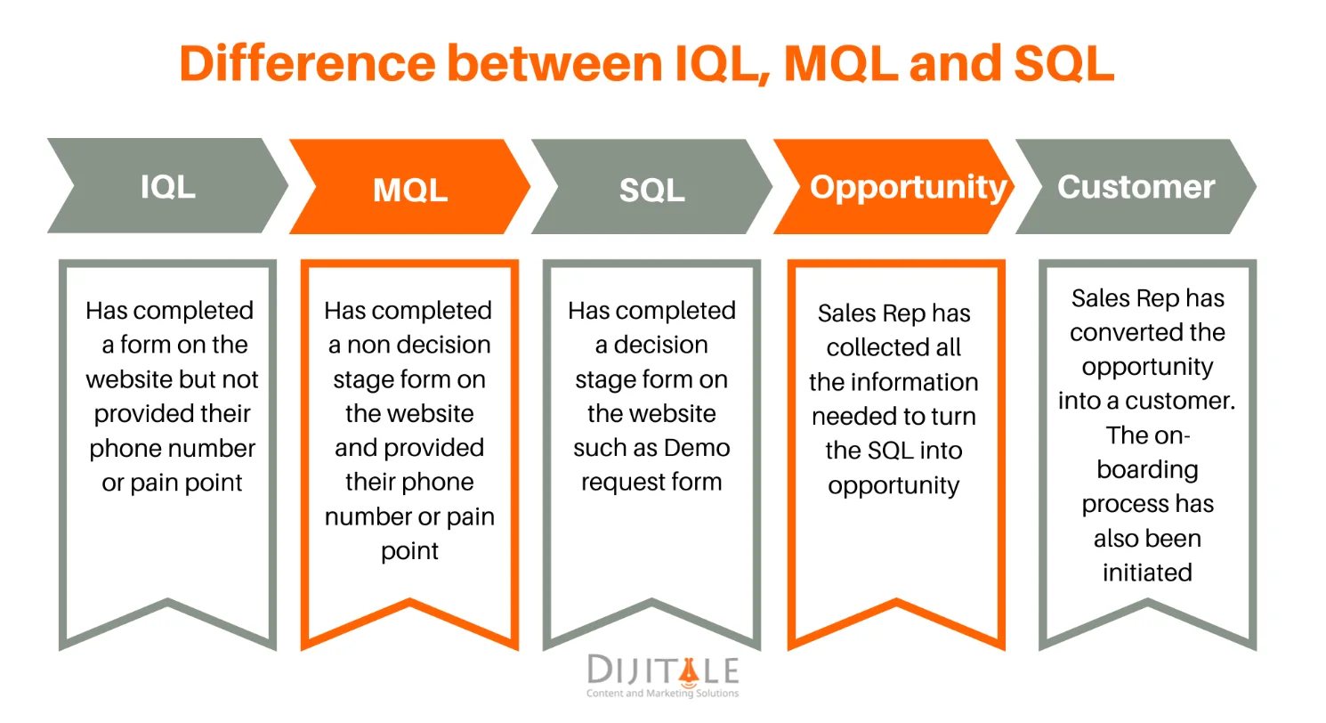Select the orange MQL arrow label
click(410, 190)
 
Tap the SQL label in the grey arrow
click(652, 190)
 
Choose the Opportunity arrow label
click(908, 187)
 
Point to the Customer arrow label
click(1136, 187)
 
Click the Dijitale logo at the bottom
click(663, 670)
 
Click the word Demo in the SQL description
click(691, 448)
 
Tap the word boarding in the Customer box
click(1147, 469)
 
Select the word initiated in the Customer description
click(1147, 573)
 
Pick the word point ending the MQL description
click(409, 551)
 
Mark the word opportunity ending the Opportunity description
click(893, 486)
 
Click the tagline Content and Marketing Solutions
click(662, 694)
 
